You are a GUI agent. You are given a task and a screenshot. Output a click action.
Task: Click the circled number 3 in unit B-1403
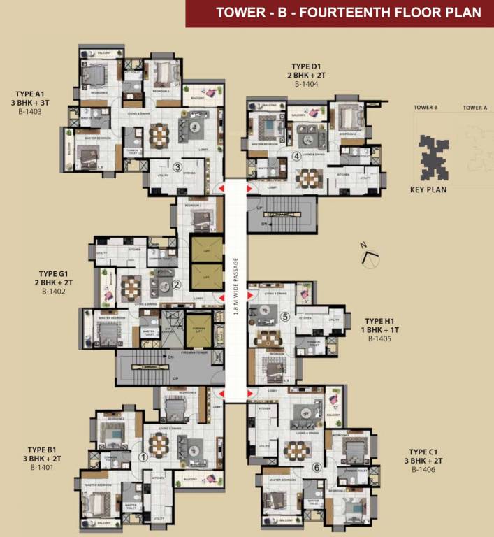(x=178, y=167)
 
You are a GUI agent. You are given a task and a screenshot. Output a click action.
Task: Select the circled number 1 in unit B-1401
(x=143, y=457)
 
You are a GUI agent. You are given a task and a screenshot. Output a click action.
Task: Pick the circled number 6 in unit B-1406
(x=316, y=468)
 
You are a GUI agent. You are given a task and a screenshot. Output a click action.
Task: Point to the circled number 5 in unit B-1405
(x=284, y=316)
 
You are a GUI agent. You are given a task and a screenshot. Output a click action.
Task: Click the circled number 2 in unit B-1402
(x=177, y=285)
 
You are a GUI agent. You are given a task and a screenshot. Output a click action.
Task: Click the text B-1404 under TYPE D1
(x=306, y=84)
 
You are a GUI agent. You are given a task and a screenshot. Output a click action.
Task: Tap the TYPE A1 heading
(x=30, y=93)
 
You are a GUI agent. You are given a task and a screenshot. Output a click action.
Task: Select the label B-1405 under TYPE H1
(x=380, y=338)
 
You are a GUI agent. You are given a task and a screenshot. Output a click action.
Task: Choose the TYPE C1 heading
(x=423, y=452)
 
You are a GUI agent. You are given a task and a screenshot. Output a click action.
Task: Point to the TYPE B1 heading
(x=42, y=450)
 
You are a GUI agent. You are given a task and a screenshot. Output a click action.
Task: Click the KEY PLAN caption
(x=428, y=189)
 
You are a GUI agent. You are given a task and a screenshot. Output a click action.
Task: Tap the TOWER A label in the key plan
(x=474, y=108)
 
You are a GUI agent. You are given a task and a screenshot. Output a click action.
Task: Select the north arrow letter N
(x=363, y=245)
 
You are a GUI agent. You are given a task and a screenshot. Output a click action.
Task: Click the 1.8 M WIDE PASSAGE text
(x=236, y=287)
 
